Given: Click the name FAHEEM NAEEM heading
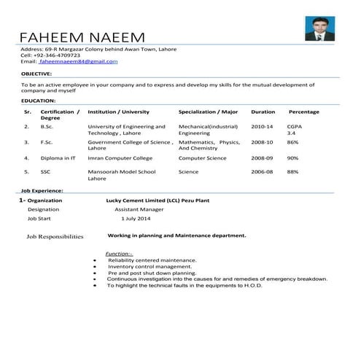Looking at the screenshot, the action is [x=82, y=36].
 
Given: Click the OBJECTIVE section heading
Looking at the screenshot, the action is [x=36, y=74].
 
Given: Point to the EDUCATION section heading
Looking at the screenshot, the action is [x=39, y=100].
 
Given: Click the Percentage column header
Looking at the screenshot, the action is [x=304, y=112].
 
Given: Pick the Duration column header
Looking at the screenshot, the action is [x=263, y=112].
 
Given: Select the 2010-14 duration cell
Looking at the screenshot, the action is [x=263, y=127].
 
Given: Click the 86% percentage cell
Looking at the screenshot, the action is [x=292, y=142].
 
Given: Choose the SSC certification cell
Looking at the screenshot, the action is [x=45, y=172].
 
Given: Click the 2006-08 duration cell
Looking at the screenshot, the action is [x=263, y=172].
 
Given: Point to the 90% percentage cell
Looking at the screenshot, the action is [x=292, y=158].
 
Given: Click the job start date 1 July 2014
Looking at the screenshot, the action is [x=136, y=218].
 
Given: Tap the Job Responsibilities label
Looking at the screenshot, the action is [x=55, y=237].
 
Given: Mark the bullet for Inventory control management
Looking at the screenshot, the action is [x=96, y=267].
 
